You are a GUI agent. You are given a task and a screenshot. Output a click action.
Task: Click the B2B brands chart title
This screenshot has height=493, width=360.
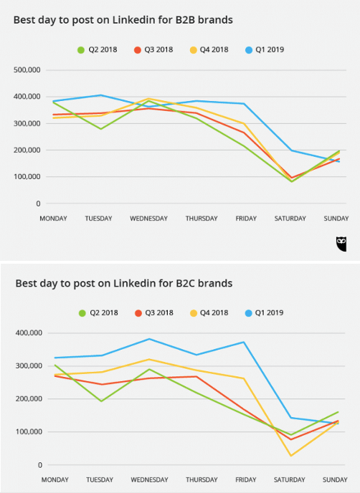pyautogui.click(x=123, y=20)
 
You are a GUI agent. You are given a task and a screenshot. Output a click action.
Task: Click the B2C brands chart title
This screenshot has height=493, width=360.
pyautogui.click(x=123, y=283)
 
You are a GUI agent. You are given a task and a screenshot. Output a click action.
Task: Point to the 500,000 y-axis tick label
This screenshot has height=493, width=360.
pyautogui.click(x=27, y=70)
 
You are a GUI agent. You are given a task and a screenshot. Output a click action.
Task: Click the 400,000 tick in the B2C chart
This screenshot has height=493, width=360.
pyautogui.click(x=27, y=333)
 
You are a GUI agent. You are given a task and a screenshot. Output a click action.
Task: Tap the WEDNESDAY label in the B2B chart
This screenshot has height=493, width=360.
pyautogui.click(x=148, y=218)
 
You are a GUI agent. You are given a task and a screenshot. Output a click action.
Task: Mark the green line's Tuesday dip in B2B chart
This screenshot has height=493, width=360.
pyautogui.click(x=101, y=129)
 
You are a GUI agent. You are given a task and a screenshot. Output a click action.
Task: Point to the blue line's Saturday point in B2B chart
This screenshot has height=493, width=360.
pyautogui.click(x=290, y=150)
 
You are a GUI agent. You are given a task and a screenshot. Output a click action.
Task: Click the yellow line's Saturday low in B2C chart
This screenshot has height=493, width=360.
pyautogui.click(x=290, y=456)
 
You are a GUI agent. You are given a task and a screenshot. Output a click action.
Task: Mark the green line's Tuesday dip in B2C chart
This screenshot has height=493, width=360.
pyautogui.click(x=101, y=401)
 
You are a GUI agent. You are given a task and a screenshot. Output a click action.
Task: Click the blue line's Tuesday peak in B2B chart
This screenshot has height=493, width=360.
pyautogui.click(x=101, y=95)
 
